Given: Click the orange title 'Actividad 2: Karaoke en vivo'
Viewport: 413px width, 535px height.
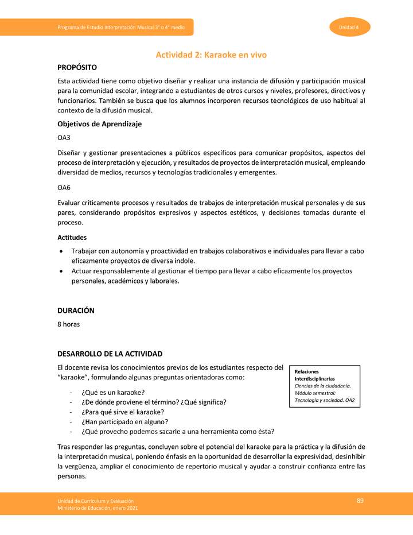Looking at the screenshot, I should tap(211, 55).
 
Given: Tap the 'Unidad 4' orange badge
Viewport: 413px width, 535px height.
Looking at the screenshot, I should tap(349, 27).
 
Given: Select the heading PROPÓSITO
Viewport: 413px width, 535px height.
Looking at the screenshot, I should tap(77, 68).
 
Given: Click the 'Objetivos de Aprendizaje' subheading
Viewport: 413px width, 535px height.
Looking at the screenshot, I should tap(99, 124).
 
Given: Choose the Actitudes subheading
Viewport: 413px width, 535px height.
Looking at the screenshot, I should tap(72, 237).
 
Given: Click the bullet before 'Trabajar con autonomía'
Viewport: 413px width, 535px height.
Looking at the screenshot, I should tap(62, 252).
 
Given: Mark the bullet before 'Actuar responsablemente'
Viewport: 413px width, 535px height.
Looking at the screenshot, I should tap(62, 271).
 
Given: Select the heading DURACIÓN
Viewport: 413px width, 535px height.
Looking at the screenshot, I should tap(76, 311).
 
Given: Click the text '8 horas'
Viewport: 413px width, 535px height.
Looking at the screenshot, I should tap(68, 324).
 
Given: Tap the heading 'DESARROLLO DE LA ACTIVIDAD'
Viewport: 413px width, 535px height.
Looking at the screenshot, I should tap(110, 354).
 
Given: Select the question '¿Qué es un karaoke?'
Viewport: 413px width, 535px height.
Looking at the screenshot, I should tap(113, 392).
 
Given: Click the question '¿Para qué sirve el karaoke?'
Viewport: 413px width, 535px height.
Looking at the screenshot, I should tap(123, 412).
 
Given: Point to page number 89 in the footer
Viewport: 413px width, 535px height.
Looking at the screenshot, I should tap(360, 501).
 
